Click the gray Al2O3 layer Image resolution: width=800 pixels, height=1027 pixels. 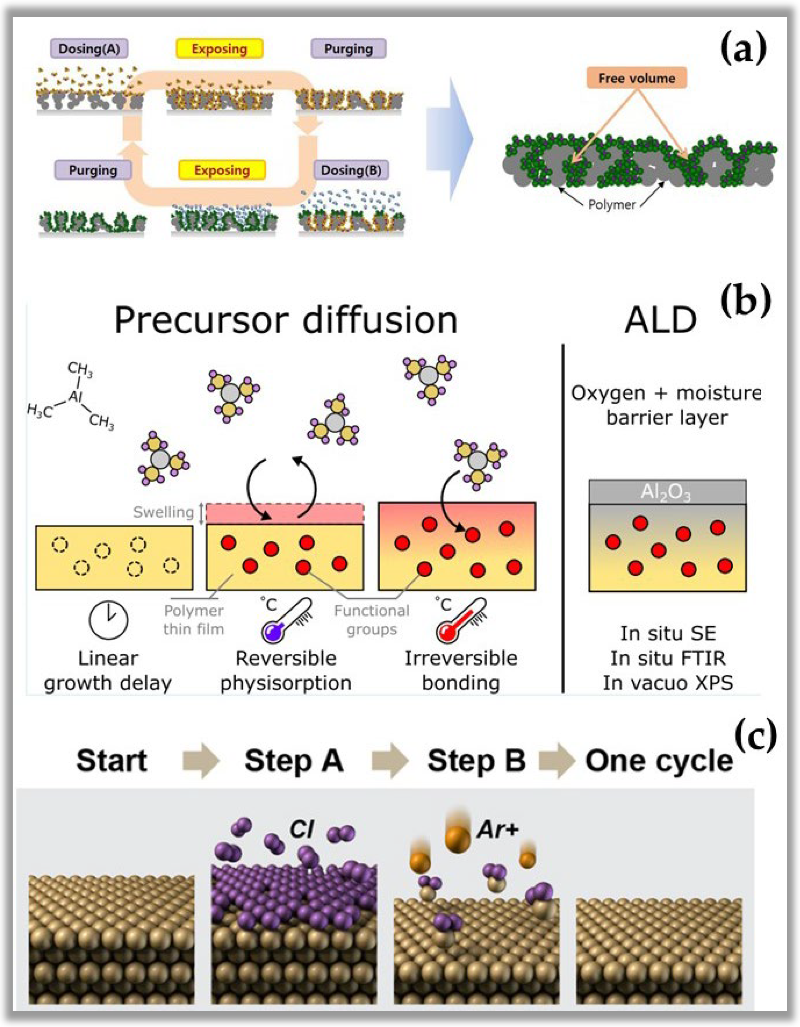pos(667,492)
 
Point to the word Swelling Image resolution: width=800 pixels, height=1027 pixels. pos(163,512)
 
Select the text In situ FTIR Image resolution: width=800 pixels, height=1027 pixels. pos(668,658)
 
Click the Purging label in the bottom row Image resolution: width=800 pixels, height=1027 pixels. pos(93,170)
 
